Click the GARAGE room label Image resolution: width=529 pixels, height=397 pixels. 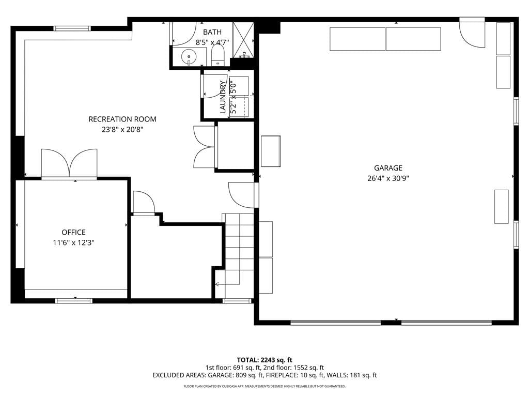[388, 168]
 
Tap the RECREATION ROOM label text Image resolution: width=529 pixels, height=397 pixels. [122, 119]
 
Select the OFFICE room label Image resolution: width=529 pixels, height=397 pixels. [73, 232]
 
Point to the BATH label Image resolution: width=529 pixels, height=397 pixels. [212, 32]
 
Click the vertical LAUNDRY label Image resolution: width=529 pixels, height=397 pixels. [223, 97]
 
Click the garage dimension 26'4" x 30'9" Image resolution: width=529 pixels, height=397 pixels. [388, 178]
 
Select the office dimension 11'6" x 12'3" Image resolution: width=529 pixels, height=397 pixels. [73, 242]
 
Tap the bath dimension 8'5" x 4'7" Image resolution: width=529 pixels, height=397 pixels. [212, 42]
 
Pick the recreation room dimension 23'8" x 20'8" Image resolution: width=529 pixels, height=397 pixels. [122, 129]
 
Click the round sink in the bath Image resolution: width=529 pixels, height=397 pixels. [189, 57]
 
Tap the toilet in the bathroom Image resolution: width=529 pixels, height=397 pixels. [218, 56]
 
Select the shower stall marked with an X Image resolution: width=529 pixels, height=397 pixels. [243, 39]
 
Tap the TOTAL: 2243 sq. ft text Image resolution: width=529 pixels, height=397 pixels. [264, 360]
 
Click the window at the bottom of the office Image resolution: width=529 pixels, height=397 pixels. [74, 300]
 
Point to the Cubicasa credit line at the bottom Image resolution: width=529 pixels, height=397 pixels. [264, 386]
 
